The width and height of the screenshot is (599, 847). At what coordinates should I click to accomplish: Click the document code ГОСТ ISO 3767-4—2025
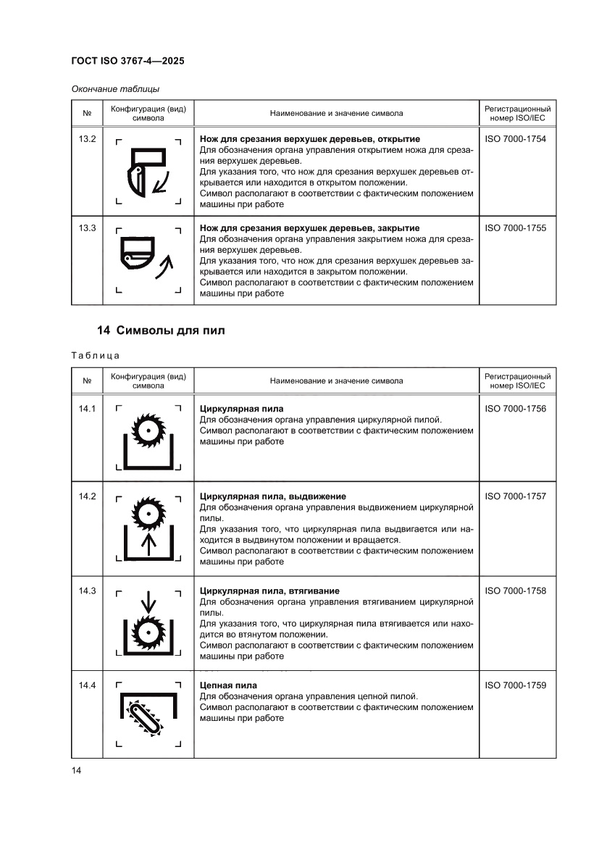point(127,62)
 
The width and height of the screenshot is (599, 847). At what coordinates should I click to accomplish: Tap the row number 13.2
point(87,138)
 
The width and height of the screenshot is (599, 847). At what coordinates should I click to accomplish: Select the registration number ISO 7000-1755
point(515,228)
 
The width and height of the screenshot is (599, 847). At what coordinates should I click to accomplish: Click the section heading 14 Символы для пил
point(161,330)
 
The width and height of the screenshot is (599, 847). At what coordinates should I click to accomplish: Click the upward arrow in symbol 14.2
point(148,544)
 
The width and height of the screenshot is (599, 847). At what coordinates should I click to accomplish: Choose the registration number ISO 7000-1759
point(515,685)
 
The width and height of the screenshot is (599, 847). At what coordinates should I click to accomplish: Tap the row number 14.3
point(87,591)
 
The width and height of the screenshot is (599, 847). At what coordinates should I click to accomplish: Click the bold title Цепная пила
point(228,685)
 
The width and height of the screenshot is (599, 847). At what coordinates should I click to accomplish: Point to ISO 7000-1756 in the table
point(515,409)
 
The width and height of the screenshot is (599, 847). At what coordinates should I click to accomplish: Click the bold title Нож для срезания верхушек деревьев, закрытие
point(309,228)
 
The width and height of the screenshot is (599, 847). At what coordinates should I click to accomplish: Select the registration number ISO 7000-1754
point(515,138)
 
